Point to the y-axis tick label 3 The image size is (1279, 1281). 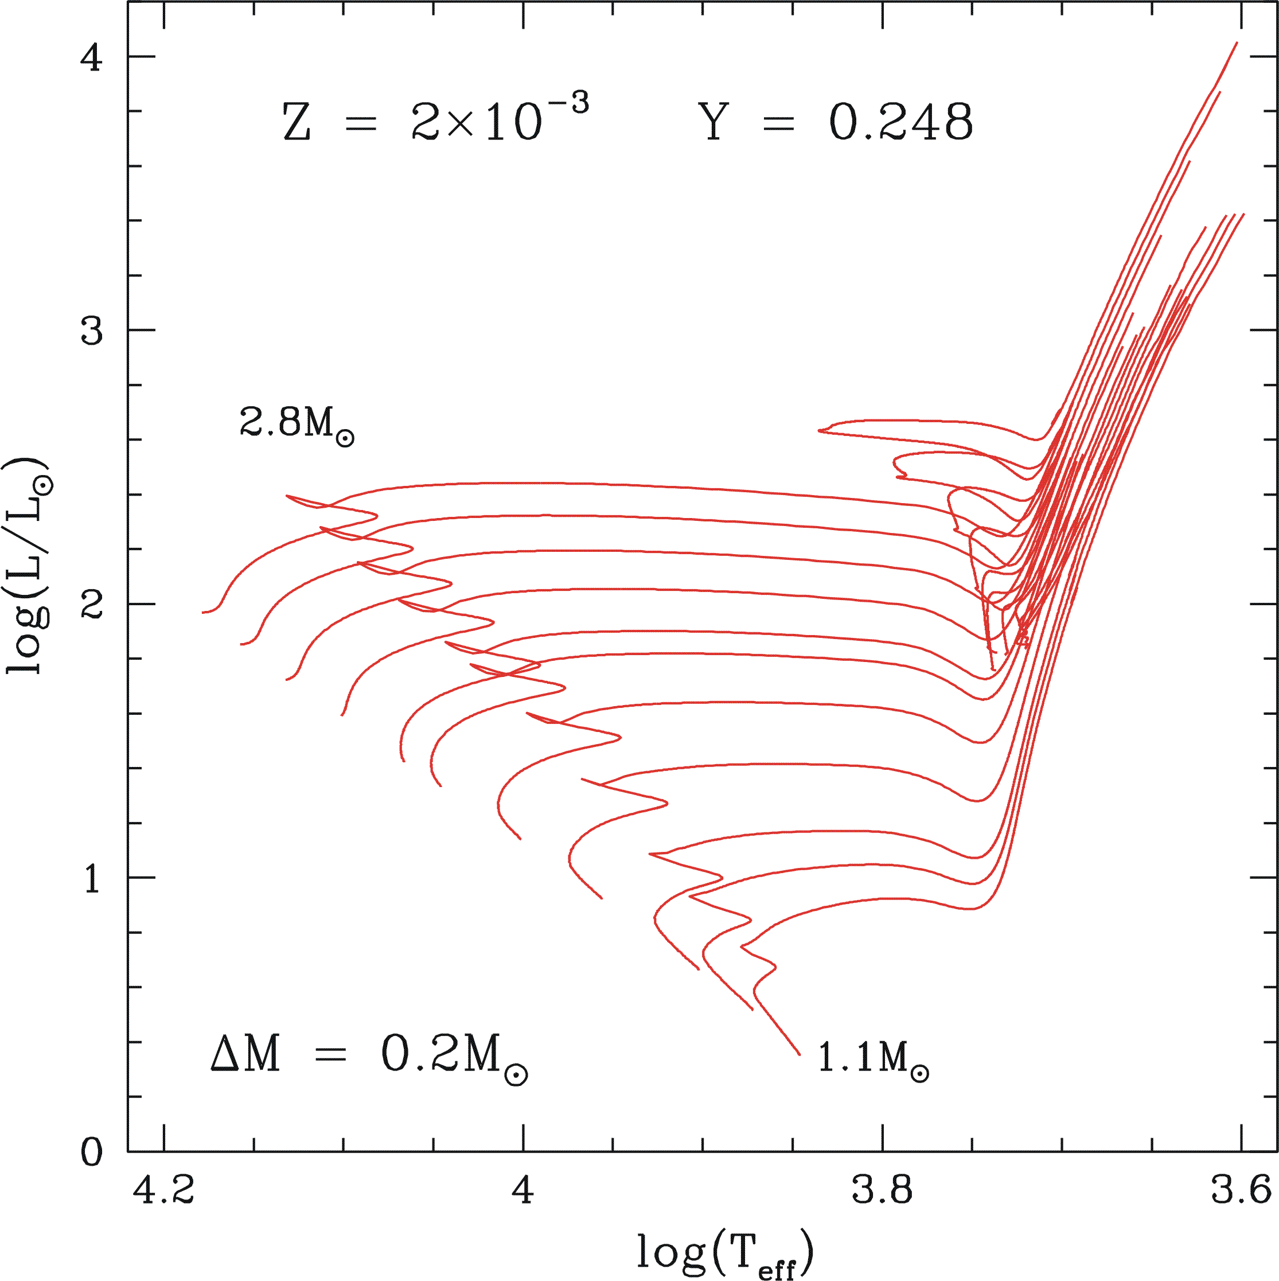92,330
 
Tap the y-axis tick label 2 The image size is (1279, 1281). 92,604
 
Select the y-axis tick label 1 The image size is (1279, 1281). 92,878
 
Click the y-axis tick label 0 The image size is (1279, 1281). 92,1153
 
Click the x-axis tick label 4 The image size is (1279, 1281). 523,1190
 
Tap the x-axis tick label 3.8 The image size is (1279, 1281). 882,1190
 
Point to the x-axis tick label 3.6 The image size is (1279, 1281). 1241,1190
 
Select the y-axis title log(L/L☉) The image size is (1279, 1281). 28,566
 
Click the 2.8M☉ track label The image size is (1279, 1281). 297,423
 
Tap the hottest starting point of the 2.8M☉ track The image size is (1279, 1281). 203,613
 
